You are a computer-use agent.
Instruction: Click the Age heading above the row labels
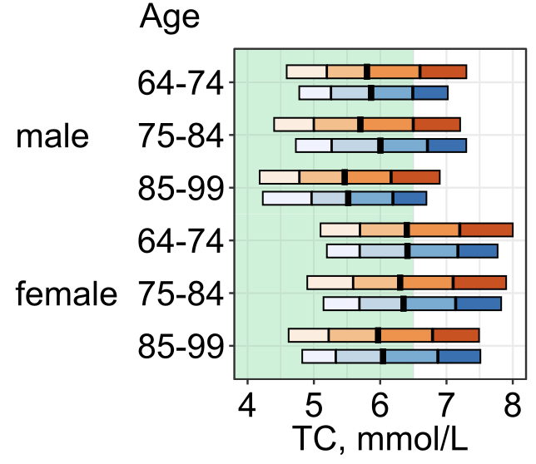tap(170, 17)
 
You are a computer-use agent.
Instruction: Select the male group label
tap(52, 137)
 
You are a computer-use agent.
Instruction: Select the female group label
tap(67, 294)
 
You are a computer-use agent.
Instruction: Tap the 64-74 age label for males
tap(180, 84)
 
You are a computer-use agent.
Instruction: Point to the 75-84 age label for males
tap(180, 137)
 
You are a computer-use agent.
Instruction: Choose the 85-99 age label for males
tap(180, 189)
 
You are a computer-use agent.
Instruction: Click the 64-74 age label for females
tap(180, 242)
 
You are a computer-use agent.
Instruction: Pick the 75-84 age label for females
tap(180, 294)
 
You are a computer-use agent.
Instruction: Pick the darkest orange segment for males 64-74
tap(443, 72)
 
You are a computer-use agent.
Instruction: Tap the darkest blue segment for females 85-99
tap(459, 357)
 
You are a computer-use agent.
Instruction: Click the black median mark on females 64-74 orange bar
tap(407, 230)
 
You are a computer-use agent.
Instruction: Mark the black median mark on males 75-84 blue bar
tap(380, 146)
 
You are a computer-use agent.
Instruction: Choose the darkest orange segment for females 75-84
tap(479, 282)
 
